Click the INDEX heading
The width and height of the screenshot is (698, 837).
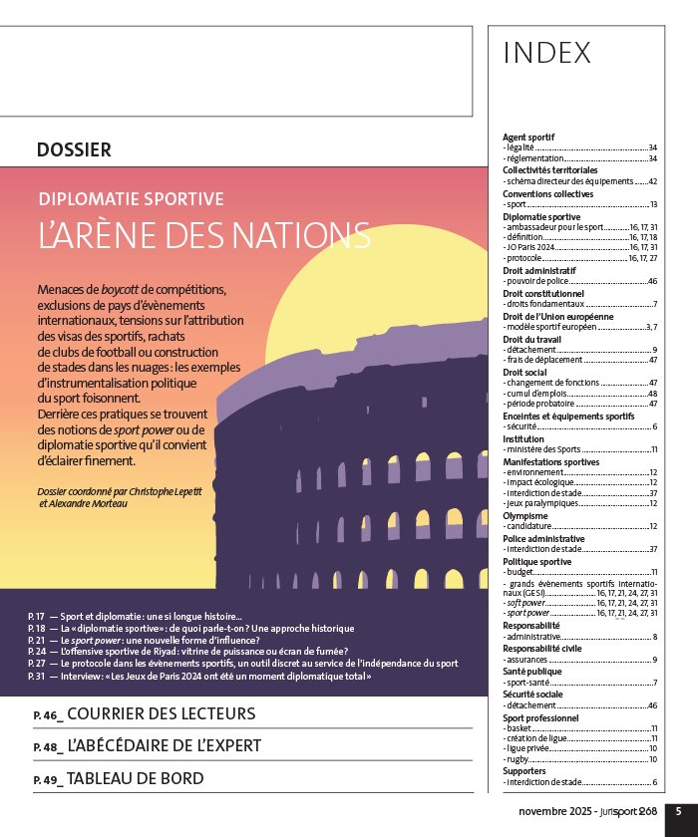pos(547,52)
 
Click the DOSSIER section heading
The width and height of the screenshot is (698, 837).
pos(74,150)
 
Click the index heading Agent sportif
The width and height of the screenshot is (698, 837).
pos(528,137)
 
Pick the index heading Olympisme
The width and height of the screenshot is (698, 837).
pos(524,514)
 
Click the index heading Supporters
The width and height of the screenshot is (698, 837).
pos(526,770)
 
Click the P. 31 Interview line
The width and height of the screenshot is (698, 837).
pos(199,676)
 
